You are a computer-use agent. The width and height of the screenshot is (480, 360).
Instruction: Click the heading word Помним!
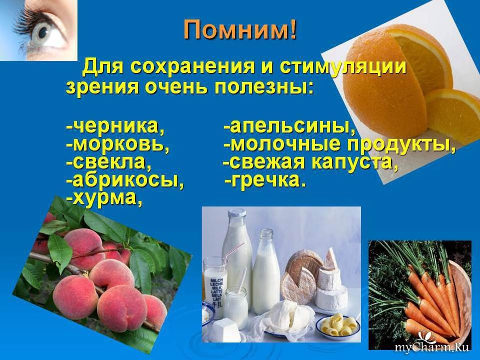point(240,30)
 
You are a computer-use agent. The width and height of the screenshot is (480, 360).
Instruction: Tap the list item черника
point(115,126)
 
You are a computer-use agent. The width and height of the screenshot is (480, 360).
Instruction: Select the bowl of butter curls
point(338,325)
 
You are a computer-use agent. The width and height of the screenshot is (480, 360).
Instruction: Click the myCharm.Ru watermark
point(432,347)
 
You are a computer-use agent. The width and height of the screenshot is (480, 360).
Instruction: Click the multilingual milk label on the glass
point(217,292)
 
